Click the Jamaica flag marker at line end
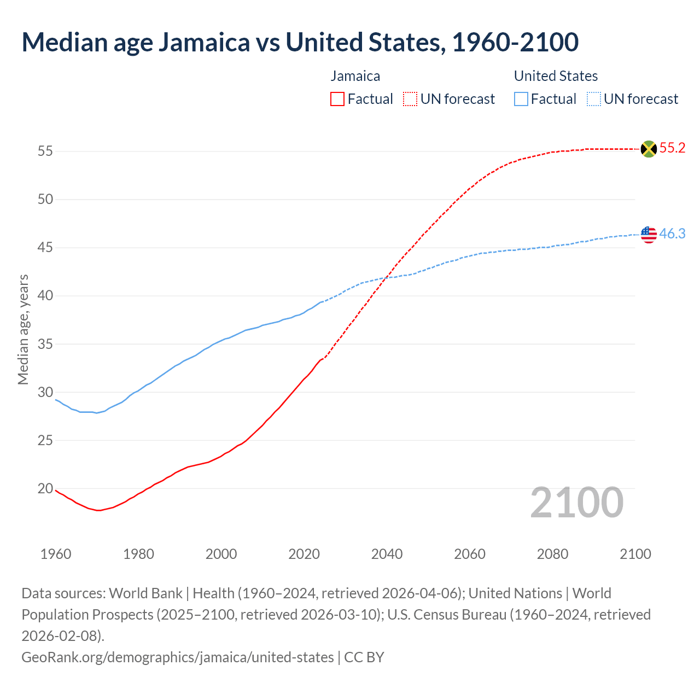coord(649,149)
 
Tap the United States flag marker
coord(649,234)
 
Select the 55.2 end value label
coord(672,148)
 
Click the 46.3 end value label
coord(672,234)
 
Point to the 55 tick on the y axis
coord(45,151)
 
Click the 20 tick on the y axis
coord(45,488)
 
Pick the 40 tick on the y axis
coord(45,296)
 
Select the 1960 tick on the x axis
coord(56,554)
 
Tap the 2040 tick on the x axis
coord(387,554)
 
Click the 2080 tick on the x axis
coord(552,554)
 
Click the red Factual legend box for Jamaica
coord(337,99)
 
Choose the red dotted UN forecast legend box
coord(410,99)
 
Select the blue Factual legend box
coord(521,99)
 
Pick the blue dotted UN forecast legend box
coord(593,99)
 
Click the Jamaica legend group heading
coord(355,76)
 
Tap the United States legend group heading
coord(556,76)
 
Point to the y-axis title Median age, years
coord(23,330)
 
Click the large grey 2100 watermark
coord(576,503)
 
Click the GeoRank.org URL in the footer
coord(177,657)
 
